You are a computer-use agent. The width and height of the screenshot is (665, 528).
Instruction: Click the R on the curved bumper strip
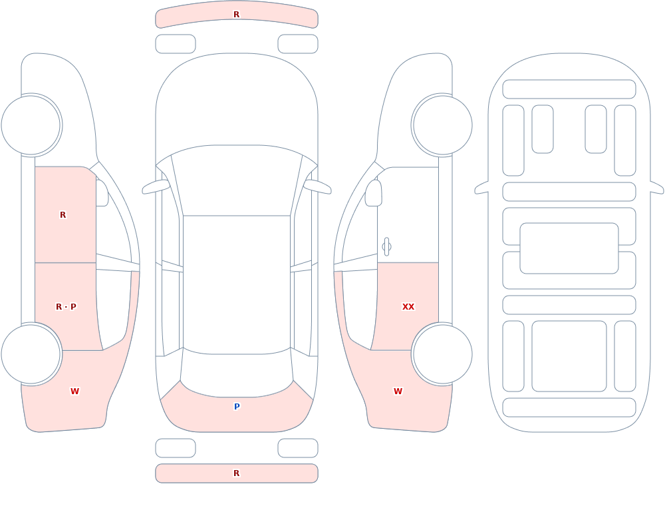[237, 15]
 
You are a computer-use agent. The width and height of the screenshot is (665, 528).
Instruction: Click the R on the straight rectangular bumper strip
[237, 473]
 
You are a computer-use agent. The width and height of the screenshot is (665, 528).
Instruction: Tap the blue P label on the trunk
[237, 407]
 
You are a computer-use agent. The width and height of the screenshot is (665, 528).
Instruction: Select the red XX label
[408, 307]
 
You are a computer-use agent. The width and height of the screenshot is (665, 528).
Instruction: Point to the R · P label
[66, 307]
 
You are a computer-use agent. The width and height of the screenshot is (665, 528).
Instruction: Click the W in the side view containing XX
[398, 392]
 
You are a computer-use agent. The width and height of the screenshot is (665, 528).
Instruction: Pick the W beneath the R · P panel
[74, 392]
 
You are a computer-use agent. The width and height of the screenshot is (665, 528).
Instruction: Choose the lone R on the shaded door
[63, 215]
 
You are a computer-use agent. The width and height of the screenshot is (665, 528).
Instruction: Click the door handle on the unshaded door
[386, 247]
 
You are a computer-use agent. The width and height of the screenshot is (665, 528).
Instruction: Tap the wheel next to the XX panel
[442, 354]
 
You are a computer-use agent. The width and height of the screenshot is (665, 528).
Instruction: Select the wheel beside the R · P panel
[31, 354]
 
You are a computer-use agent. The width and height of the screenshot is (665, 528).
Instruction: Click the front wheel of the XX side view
[442, 125]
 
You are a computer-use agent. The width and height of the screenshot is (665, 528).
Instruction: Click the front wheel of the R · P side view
[31, 125]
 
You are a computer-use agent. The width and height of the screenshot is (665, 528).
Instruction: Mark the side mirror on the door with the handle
[373, 193]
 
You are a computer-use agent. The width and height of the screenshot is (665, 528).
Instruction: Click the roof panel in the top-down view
[237, 284]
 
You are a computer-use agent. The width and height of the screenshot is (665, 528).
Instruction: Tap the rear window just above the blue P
[237, 374]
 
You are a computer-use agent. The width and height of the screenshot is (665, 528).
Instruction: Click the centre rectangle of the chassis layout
[569, 248]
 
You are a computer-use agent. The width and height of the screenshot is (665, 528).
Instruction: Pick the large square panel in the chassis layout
[569, 356]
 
